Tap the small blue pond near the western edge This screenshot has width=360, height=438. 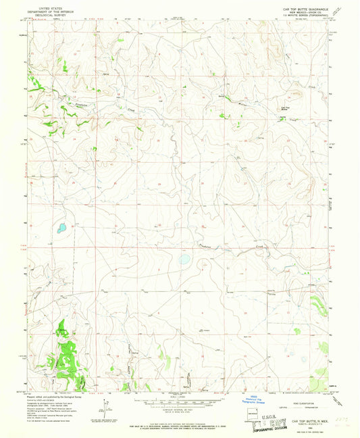point(61,228)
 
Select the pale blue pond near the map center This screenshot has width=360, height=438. point(183,258)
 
